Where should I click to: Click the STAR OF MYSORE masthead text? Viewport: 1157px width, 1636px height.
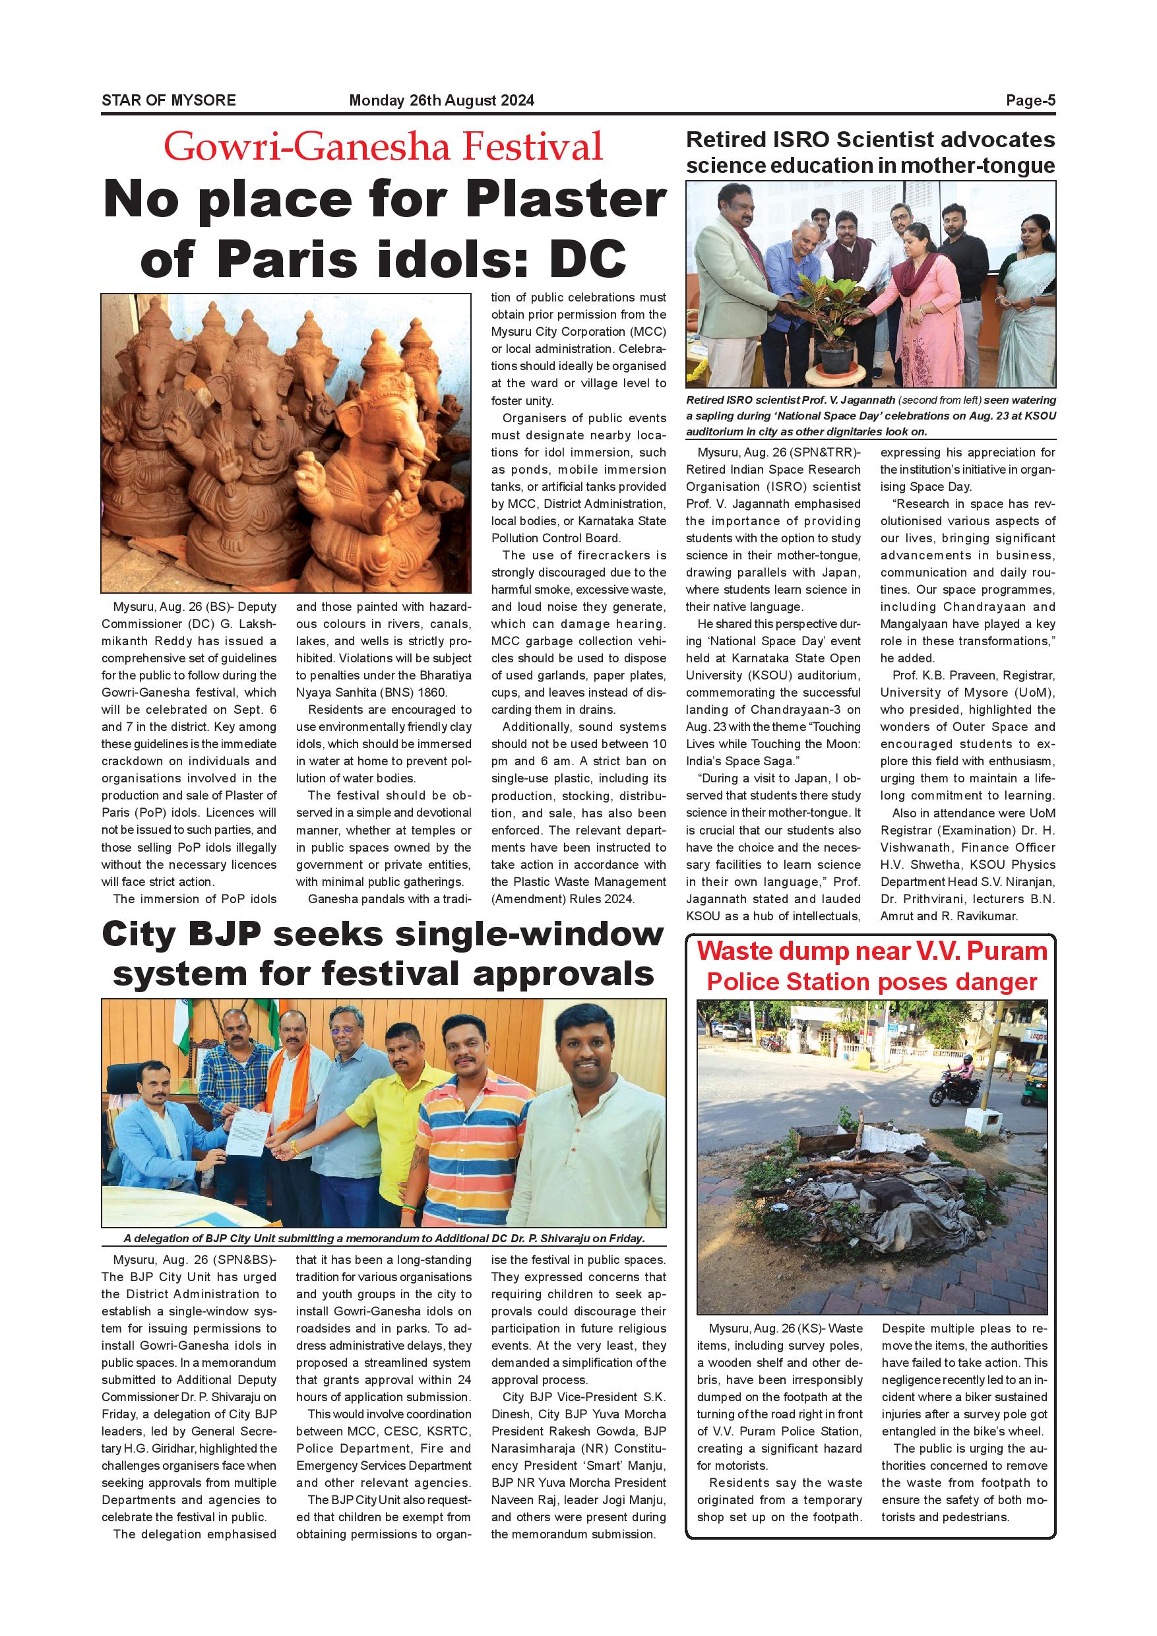click(168, 100)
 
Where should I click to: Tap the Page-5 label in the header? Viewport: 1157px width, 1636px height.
click(1030, 100)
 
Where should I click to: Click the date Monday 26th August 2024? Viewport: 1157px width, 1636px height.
click(441, 100)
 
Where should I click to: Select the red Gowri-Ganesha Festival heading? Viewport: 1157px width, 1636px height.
click(383, 147)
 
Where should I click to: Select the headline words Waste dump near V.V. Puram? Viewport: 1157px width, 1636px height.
click(872, 952)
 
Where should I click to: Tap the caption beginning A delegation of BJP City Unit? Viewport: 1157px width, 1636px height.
click(383, 1238)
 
